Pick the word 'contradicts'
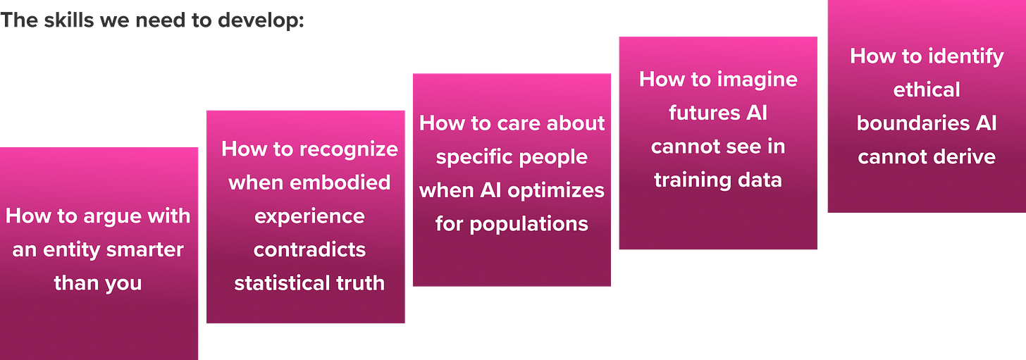click(x=309, y=249)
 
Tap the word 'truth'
click(x=359, y=283)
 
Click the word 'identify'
click(x=968, y=56)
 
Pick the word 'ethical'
click(x=927, y=89)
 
